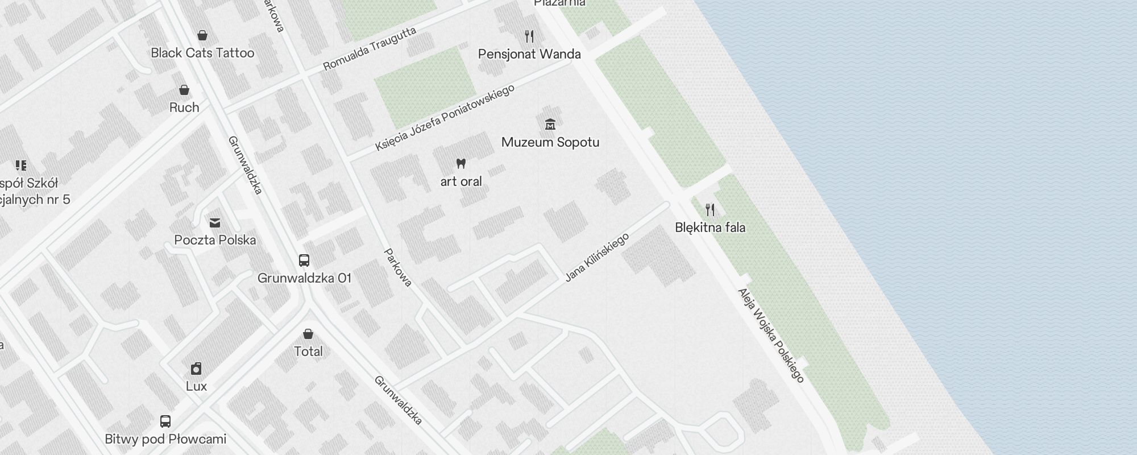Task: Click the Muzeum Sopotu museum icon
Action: pyautogui.click(x=550, y=123)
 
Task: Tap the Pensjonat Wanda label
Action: pyautogui.click(x=529, y=54)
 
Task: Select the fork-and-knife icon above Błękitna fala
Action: pyautogui.click(x=710, y=209)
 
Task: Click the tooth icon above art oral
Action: pyautogui.click(x=461, y=164)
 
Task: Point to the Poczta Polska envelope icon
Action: pyautogui.click(x=215, y=222)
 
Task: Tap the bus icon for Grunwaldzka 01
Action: pyautogui.click(x=304, y=260)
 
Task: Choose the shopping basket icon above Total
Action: pyautogui.click(x=308, y=333)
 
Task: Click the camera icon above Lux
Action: pyautogui.click(x=196, y=369)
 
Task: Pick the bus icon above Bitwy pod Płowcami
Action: pyautogui.click(x=165, y=421)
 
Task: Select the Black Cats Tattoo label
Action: pyautogui.click(x=202, y=53)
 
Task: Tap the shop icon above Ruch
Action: pyautogui.click(x=184, y=90)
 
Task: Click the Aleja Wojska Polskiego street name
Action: pyautogui.click(x=771, y=335)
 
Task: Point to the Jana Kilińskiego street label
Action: pyautogui.click(x=597, y=257)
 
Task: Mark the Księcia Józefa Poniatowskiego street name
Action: pyautogui.click(x=445, y=118)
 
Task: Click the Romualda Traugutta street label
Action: pyautogui.click(x=370, y=49)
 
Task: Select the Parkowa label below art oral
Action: pyautogui.click(x=398, y=267)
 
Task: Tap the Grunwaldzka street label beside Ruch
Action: pyautogui.click(x=245, y=165)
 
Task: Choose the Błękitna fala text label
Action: pyautogui.click(x=710, y=227)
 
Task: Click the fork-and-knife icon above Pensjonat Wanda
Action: pyautogui.click(x=529, y=36)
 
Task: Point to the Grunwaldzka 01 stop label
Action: pyautogui.click(x=304, y=278)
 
